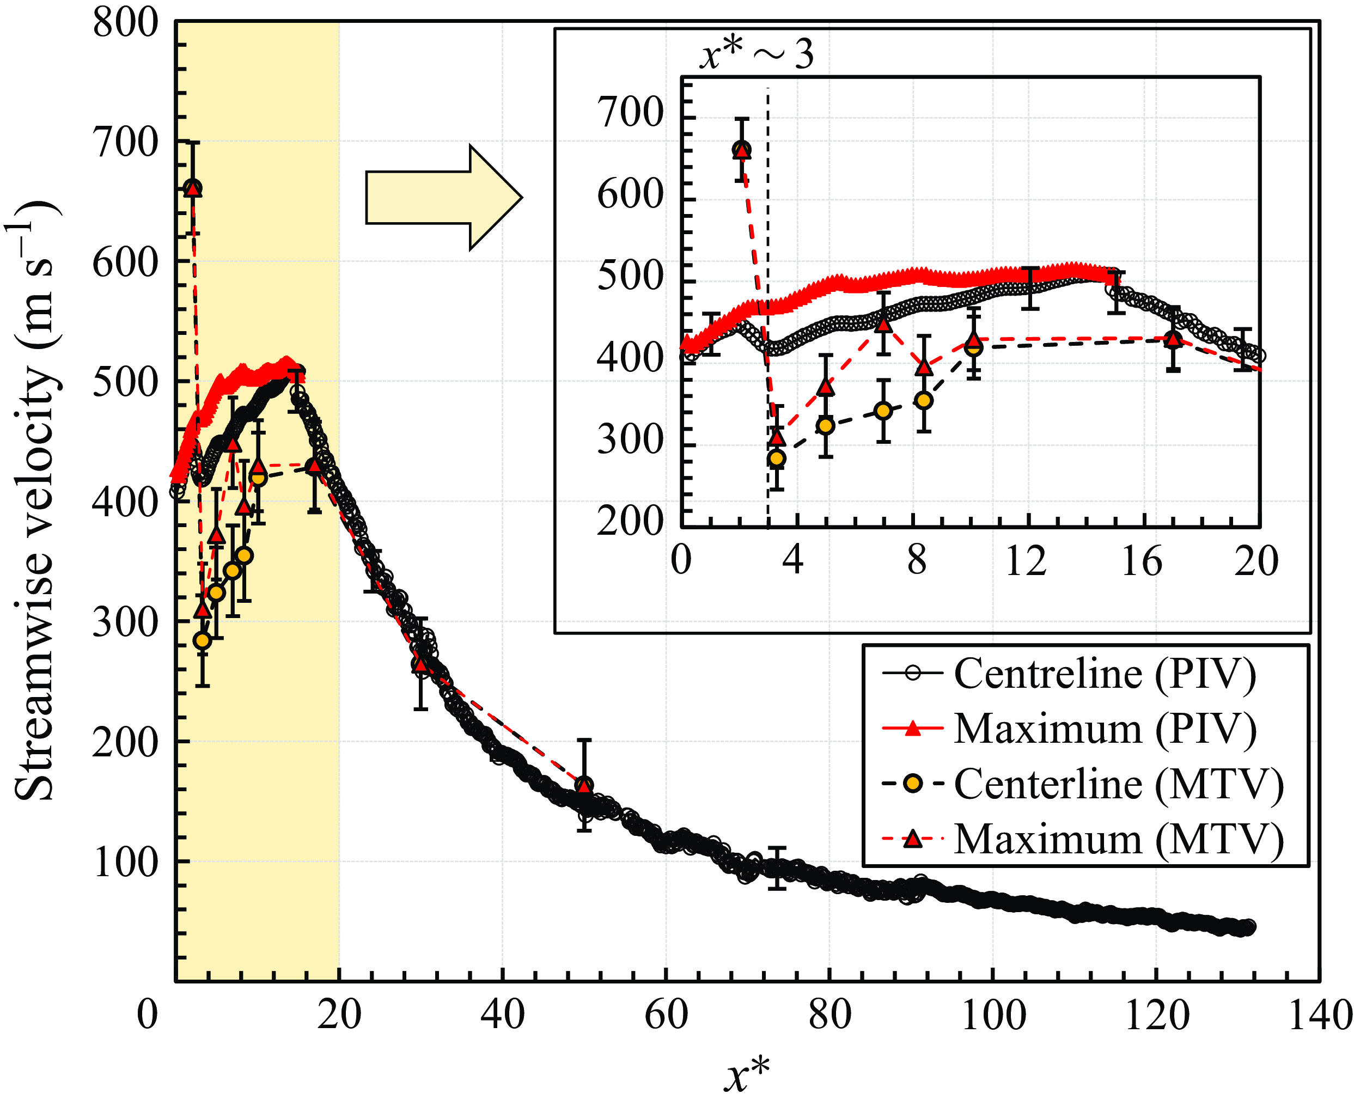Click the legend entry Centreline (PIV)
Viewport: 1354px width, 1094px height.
pyautogui.click(x=1069, y=674)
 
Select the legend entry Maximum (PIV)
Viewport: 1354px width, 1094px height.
pyautogui.click(x=1069, y=729)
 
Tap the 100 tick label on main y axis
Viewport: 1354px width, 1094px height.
pyautogui.click(x=125, y=862)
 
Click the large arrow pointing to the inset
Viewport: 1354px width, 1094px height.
pyautogui.click(x=444, y=197)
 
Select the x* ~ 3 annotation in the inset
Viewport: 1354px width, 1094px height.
pyautogui.click(x=757, y=53)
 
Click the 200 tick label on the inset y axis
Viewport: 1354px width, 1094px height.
pyautogui.click(x=630, y=522)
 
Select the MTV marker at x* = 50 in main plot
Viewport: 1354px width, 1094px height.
pyautogui.click(x=584, y=785)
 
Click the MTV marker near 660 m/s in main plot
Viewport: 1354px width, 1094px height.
pyautogui.click(x=193, y=188)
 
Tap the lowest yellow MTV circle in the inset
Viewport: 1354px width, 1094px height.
pyautogui.click(x=777, y=458)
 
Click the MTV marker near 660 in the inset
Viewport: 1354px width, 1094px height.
pyautogui.click(x=741, y=150)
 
